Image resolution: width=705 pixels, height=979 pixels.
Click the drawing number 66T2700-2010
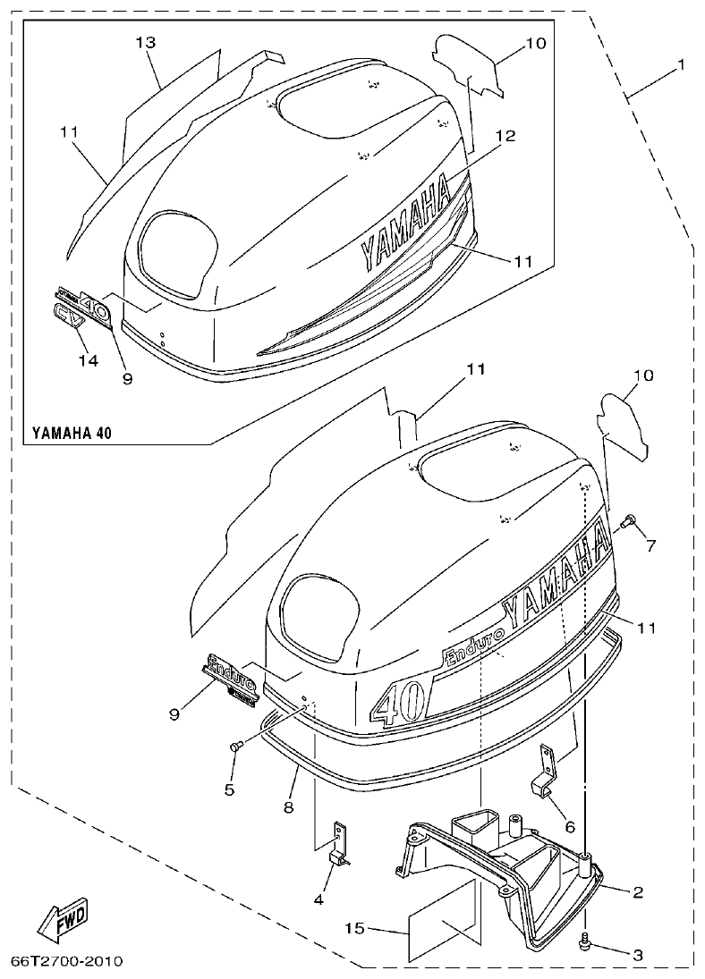coord(66,961)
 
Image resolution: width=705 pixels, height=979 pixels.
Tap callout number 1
coord(681,64)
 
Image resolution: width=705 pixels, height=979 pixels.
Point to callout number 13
coord(146,43)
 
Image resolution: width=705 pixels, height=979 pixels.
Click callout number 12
coord(505,136)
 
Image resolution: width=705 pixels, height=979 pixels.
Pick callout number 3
coord(637,955)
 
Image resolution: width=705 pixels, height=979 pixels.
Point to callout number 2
coord(637,891)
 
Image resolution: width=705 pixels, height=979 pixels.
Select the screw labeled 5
coord(237,745)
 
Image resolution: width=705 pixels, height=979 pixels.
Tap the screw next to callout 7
coord(629,519)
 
